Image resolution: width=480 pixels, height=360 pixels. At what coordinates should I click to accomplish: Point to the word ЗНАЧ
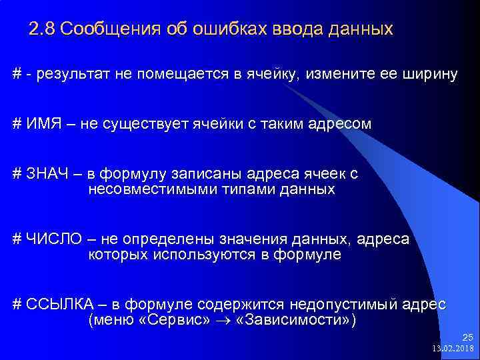[49, 175]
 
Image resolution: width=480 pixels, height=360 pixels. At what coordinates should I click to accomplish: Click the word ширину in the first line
[430, 74]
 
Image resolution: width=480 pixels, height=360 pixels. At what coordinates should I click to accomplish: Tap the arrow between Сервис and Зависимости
[228, 321]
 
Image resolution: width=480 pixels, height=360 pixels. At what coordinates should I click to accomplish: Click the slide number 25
[467, 338]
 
